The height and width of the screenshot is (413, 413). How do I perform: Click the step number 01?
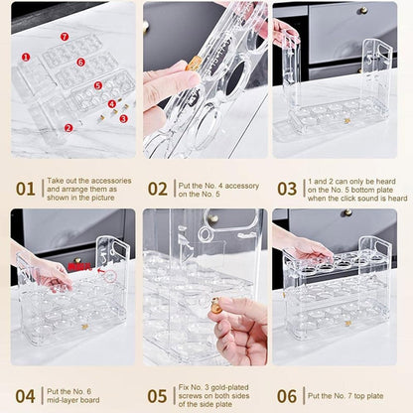coord(25,189)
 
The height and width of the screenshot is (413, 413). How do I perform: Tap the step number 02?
coord(157,189)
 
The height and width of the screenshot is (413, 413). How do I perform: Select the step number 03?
coord(287,189)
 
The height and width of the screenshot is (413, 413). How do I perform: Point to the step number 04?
coord(25,395)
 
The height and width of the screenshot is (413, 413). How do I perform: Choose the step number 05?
coord(157,395)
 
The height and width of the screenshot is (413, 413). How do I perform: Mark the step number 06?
coord(287,395)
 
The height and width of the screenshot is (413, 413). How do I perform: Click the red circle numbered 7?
coord(65,37)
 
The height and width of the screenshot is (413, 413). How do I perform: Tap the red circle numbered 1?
coord(26,57)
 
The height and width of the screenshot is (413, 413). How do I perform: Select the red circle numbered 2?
coord(69,127)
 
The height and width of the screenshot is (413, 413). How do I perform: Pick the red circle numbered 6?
coord(80,62)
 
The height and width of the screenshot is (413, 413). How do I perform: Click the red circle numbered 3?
coord(123,118)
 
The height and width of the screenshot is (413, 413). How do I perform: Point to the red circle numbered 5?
coord(97,85)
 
